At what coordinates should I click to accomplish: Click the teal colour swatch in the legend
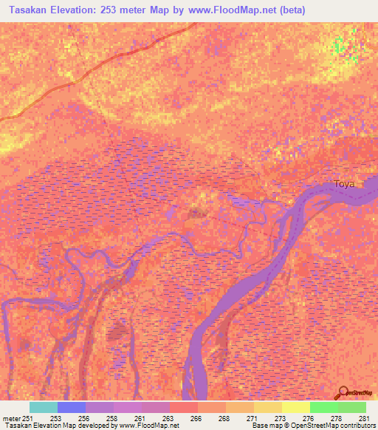[44, 407]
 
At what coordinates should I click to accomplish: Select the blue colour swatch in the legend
[72, 407]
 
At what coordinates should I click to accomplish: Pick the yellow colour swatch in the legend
[295, 407]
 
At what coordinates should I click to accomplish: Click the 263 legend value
[168, 417]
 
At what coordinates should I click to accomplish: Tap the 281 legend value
[363, 417]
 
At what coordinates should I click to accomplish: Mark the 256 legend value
[83, 417]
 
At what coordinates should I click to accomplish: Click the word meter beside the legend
[11, 417]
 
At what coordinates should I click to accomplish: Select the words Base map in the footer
[262, 426]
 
